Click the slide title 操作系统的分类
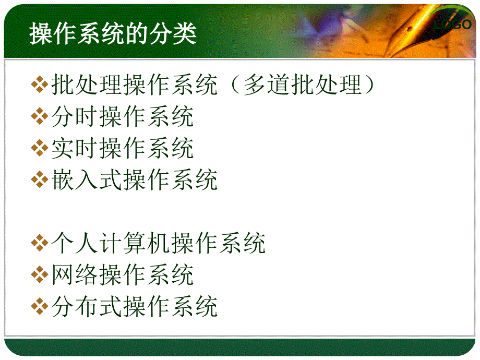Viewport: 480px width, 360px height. [x=113, y=33]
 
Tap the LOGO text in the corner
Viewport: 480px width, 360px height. [x=452, y=24]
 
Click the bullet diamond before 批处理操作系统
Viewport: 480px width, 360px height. [x=40, y=85]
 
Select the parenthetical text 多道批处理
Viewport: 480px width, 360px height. [x=303, y=85]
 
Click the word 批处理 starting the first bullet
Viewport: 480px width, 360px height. [x=87, y=85]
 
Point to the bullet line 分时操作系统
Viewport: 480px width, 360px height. [x=123, y=116]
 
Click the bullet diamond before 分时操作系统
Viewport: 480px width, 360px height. [x=40, y=117]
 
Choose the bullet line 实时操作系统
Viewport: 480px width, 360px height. [x=123, y=148]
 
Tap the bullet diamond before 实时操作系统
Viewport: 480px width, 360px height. [x=40, y=148]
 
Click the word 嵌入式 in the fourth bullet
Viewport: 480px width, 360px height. [x=87, y=179]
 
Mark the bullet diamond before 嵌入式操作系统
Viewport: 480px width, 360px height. [x=40, y=179]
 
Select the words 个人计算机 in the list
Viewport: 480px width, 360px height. [x=111, y=243]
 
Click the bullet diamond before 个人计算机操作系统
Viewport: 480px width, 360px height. [x=40, y=243]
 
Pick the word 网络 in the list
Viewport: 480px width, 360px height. [x=75, y=274]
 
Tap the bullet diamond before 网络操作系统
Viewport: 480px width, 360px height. [x=40, y=274]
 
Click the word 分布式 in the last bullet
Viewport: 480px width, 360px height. [x=87, y=306]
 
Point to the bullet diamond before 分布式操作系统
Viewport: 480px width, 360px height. [x=40, y=306]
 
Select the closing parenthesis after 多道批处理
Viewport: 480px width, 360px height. [x=369, y=85]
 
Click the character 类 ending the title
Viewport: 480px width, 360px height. [x=185, y=33]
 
